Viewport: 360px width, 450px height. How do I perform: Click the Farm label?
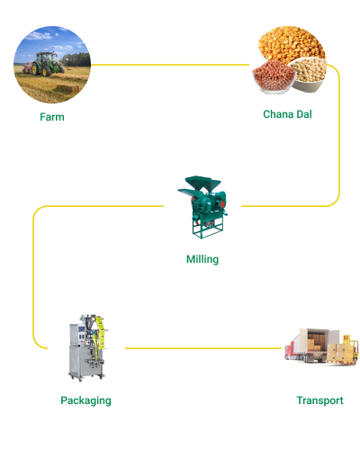pyautogui.click(x=52, y=117)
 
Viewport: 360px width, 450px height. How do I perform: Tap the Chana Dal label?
pyautogui.click(x=287, y=114)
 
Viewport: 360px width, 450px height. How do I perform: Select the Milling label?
pyautogui.click(x=202, y=259)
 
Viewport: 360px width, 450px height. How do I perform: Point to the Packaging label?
pyautogui.click(x=85, y=400)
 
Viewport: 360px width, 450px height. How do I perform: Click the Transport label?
pyautogui.click(x=319, y=400)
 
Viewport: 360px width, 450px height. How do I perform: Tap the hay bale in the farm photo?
pyautogui.click(x=67, y=89)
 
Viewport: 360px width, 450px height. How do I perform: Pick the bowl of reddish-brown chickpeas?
pyautogui.click(x=274, y=76)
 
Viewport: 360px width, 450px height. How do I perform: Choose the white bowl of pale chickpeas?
pyautogui.click(x=308, y=74)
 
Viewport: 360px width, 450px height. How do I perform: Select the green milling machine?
pyautogui.click(x=203, y=207)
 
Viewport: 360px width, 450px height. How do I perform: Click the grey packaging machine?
pyautogui.click(x=87, y=348)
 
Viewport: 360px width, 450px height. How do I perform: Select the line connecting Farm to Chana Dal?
pyautogui.click(x=170, y=65)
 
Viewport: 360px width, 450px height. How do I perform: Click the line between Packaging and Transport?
pyautogui.click(x=203, y=348)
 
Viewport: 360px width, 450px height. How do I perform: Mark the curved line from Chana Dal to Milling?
pyautogui.click(x=339, y=135)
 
